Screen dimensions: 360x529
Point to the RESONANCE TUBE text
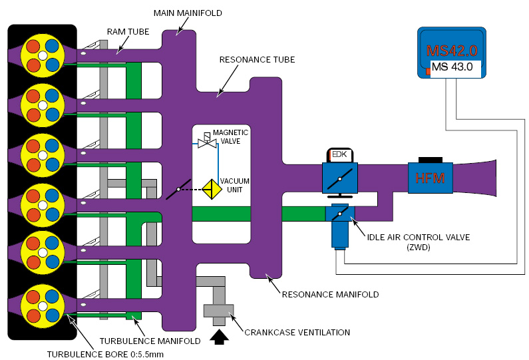tap(257, 59)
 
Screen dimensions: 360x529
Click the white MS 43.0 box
tap(452, 67)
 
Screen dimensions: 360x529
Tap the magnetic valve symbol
tap(206, 141)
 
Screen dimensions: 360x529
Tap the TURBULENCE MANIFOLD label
tap(150, 341)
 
